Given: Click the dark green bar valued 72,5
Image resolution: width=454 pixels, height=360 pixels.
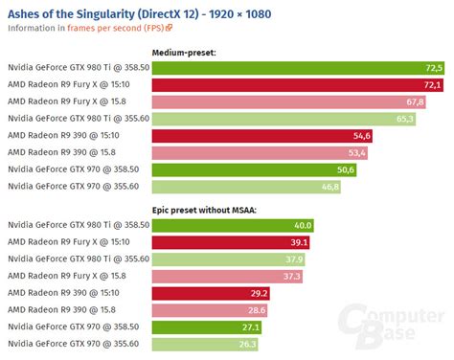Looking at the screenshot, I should (x=298, y=69).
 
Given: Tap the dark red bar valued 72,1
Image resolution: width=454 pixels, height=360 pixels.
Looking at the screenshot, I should (x=297, y=86).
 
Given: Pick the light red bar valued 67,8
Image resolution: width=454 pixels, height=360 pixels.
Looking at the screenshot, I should (x=288, y=102).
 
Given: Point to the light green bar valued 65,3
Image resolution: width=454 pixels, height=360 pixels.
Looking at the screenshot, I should (x=284, y=120).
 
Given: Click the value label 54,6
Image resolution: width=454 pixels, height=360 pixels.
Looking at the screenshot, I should (x=363, y=137).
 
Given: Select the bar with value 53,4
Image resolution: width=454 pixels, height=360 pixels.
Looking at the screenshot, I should (x=260, y=153).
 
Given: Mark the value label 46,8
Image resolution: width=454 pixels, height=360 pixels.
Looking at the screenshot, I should (x=329, y=187).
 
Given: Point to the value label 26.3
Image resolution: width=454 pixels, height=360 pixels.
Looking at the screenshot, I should (x=247, y=344).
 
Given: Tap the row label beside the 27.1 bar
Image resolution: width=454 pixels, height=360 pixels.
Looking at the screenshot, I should (x=75, y=326).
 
